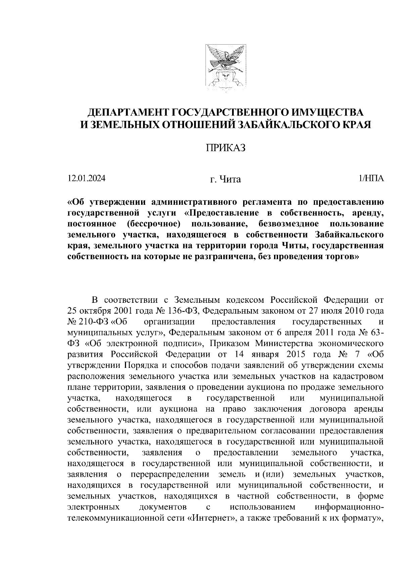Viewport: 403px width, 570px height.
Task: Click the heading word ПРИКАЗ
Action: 225,148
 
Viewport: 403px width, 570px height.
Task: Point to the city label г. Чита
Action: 225,180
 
